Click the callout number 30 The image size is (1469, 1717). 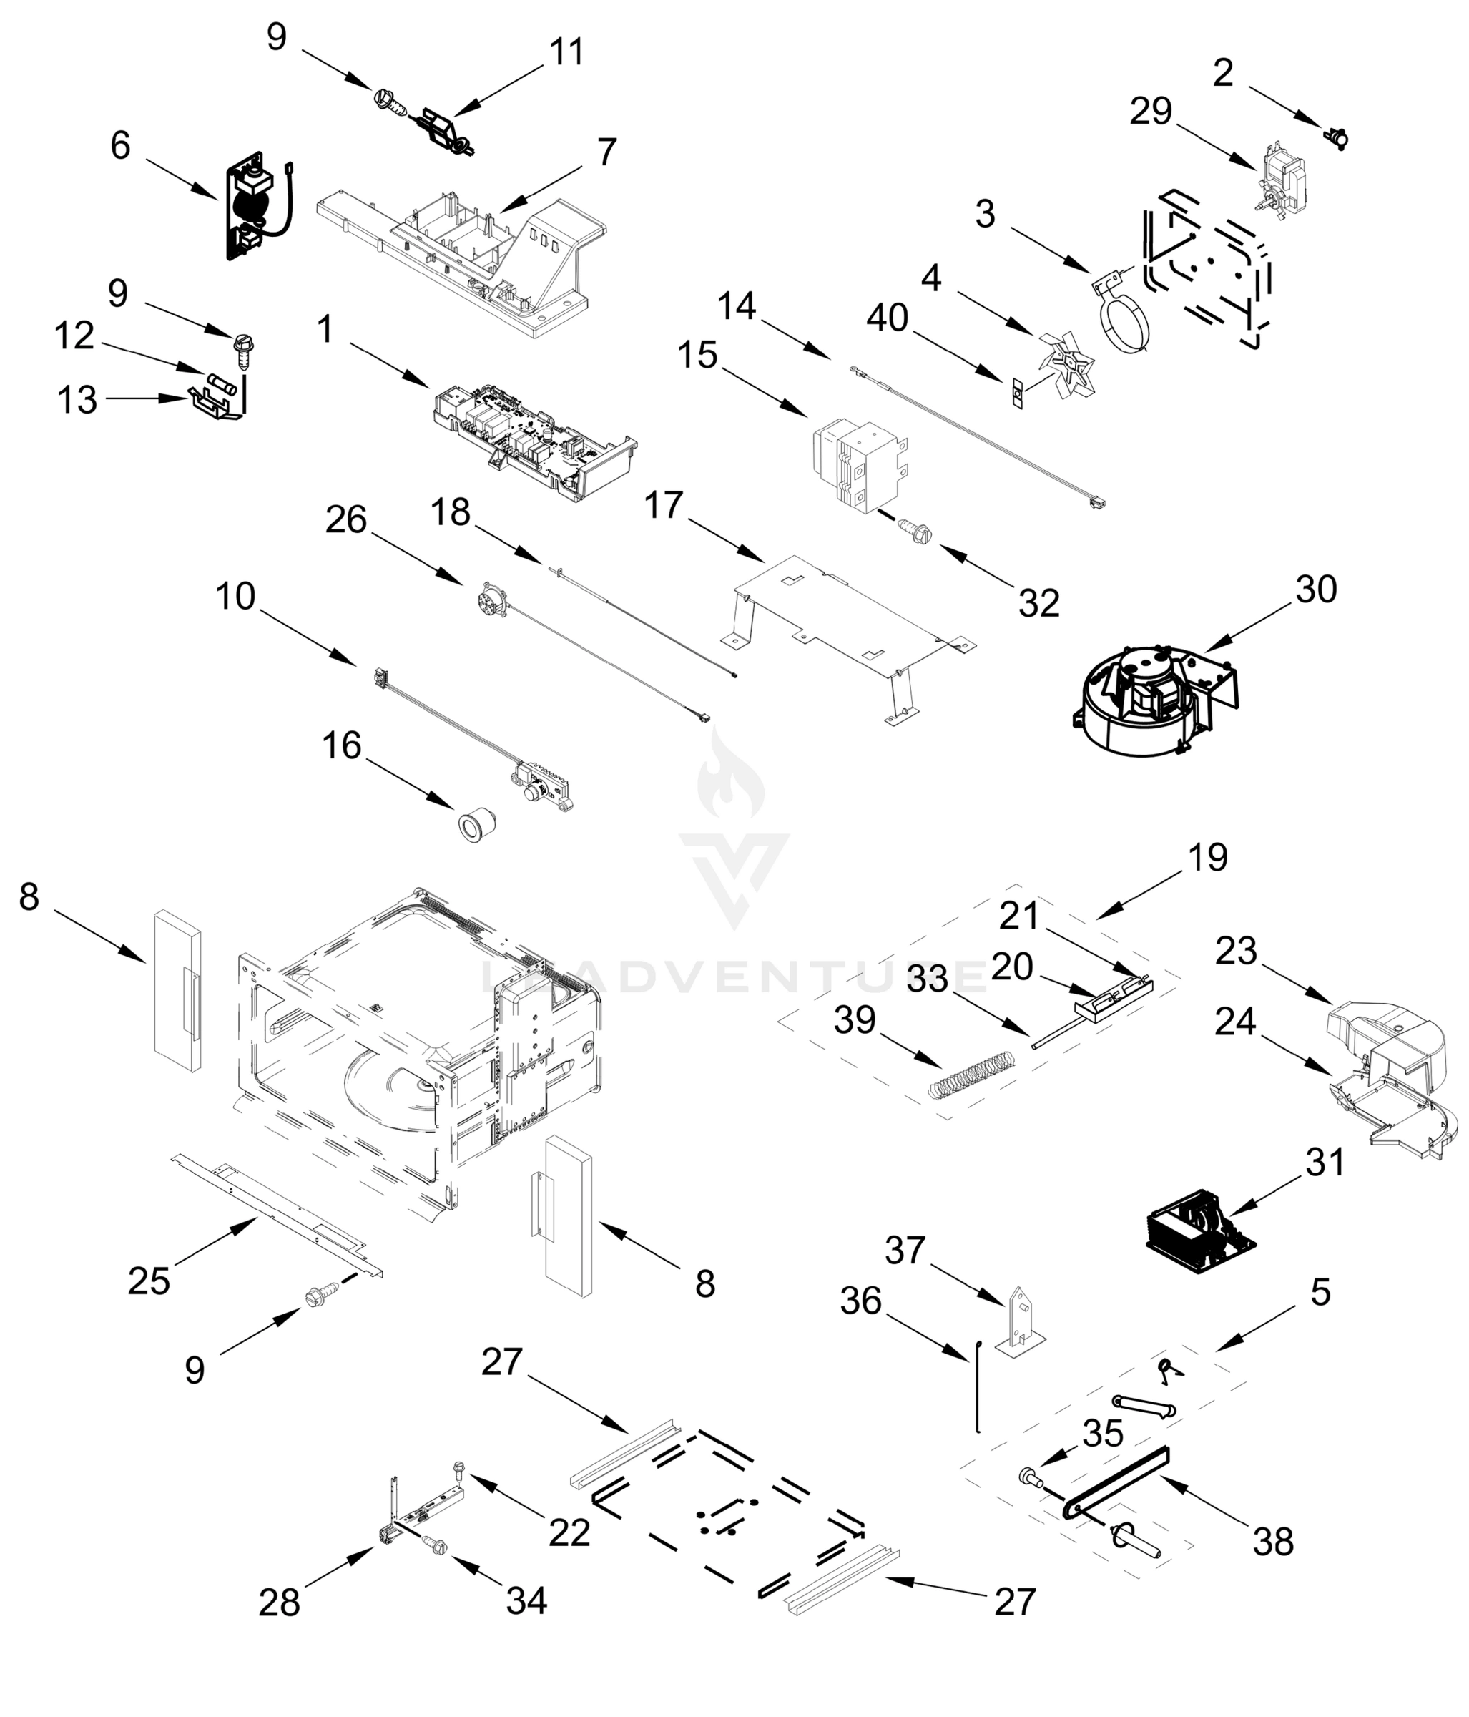coord(1317,590)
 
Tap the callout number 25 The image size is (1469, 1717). coord(149,1281)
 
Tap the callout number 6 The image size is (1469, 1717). coord(120,146)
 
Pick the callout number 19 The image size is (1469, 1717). coord(1207,858)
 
